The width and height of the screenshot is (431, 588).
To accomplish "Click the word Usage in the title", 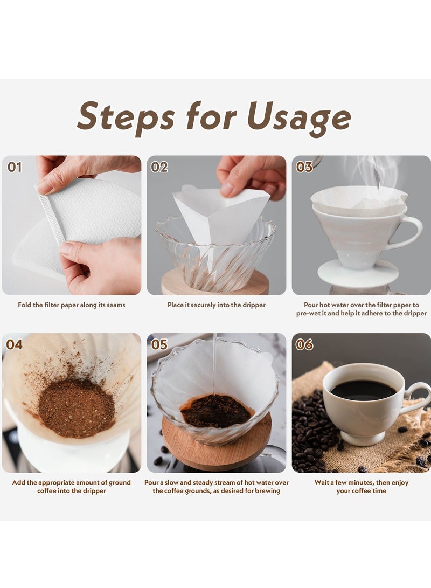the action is click(x=299, y=117).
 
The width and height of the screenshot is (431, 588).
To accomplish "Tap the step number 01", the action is click(x=14, y=167).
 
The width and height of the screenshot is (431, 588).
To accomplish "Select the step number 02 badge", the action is click(x=159, y=167).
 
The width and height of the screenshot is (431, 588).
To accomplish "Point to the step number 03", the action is click(x=304, y=167).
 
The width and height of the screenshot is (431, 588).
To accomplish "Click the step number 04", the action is click(x=14, y=344).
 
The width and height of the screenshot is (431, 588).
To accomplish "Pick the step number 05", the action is click(x=159, y=344).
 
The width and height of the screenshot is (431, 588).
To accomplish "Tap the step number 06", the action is click(x=304, y=344).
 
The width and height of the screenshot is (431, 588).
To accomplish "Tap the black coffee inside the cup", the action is click(x=363, y=390).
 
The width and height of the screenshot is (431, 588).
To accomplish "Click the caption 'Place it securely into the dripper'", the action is click(x=216, y=305).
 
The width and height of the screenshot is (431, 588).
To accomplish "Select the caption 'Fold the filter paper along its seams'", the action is click(x=72, y=305).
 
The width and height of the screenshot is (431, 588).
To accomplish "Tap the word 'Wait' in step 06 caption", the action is click(x=322, y=482).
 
